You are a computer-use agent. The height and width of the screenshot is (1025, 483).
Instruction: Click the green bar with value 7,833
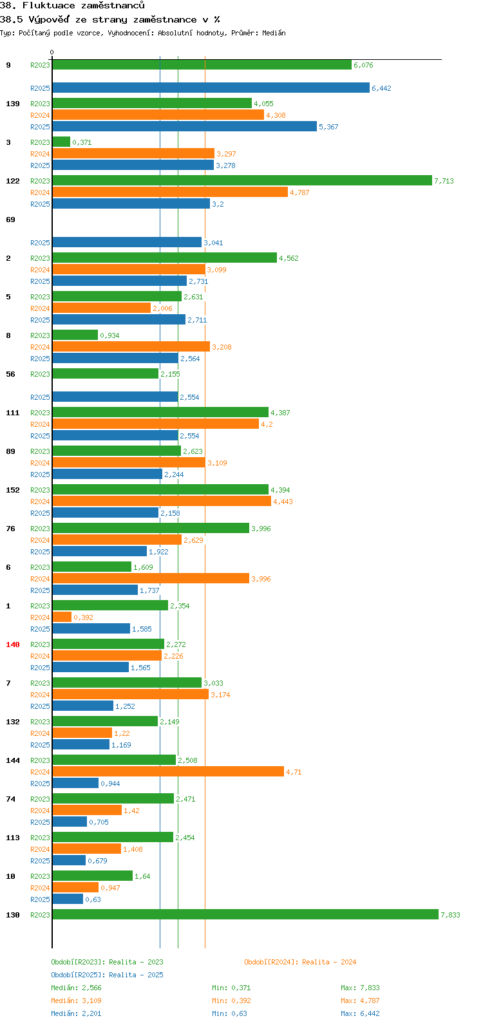245,914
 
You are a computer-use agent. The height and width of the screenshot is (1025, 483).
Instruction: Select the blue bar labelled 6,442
211,88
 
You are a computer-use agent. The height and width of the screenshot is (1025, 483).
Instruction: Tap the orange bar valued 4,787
170,192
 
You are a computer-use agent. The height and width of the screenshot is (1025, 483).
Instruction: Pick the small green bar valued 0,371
61,142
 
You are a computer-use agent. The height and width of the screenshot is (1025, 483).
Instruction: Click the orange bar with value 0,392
62,617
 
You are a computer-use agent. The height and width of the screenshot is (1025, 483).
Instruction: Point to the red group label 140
13,644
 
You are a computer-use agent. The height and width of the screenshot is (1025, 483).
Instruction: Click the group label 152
13,489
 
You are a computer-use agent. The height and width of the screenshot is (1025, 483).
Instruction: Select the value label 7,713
444,181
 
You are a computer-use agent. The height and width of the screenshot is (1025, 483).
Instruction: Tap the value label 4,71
294,772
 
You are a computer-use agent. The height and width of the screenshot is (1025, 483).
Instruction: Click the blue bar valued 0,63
68,899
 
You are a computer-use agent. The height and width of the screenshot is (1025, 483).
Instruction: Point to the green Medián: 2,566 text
77,988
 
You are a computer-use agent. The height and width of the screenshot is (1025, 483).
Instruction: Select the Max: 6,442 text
360,1013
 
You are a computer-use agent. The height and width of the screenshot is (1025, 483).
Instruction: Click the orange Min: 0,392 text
231,1001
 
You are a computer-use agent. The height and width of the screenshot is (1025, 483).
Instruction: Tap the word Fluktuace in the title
48,6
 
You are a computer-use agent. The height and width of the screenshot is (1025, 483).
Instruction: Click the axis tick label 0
52,52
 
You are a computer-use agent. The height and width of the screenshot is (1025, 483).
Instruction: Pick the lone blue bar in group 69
127,242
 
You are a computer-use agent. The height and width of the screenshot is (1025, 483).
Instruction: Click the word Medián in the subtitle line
274,33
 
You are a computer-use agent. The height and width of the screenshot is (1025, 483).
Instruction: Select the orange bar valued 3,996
151,578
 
